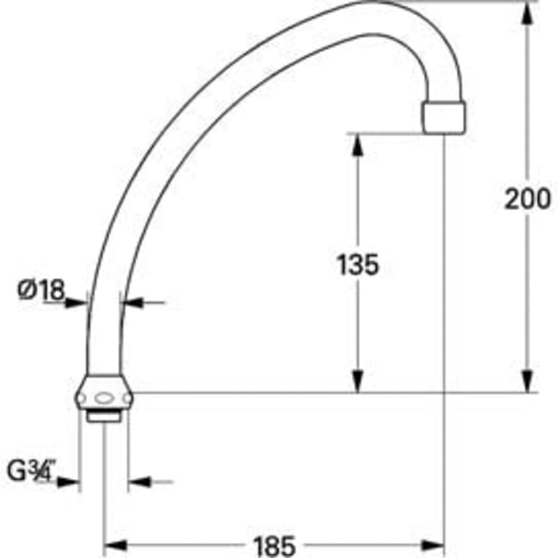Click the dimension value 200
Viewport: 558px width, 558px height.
coord(528,199)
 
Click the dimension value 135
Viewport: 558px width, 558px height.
coord(357,265)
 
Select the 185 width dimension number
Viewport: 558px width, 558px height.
coord(274,544)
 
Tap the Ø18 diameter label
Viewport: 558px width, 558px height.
coord(41,288)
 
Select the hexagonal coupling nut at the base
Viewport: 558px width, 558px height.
coord(106,396)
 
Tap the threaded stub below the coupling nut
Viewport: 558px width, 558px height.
coord(102,416)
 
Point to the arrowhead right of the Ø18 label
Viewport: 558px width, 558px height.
coord(78,303)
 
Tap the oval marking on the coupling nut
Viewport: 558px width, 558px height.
coord(106,396)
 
